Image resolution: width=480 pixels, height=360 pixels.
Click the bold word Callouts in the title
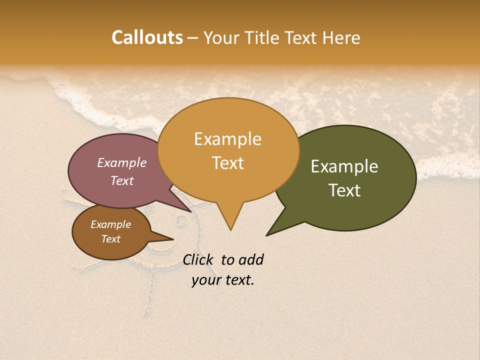point(147,37)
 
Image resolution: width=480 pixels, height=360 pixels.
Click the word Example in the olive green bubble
point(344,166)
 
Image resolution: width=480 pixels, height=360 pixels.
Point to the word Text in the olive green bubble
point(344,190)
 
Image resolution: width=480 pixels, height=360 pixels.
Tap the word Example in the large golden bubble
point(227,139)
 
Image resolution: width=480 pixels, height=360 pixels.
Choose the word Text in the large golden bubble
point(227,162)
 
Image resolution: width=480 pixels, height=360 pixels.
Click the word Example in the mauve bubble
point(122,162)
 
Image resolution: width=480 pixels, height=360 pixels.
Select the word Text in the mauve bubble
point(122,180)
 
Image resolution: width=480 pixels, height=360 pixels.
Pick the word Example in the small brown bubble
point(110,224)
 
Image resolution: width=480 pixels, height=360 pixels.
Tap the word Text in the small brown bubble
point(110,239)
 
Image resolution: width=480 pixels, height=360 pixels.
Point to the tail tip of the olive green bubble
point(267,235)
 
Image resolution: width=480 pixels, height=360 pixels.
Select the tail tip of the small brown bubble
point(173,238)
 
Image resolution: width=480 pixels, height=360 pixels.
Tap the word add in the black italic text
point(251,259)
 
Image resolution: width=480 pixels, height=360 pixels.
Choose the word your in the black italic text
point(206,280)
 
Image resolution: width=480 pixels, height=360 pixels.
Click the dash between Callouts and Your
point(193,38)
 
